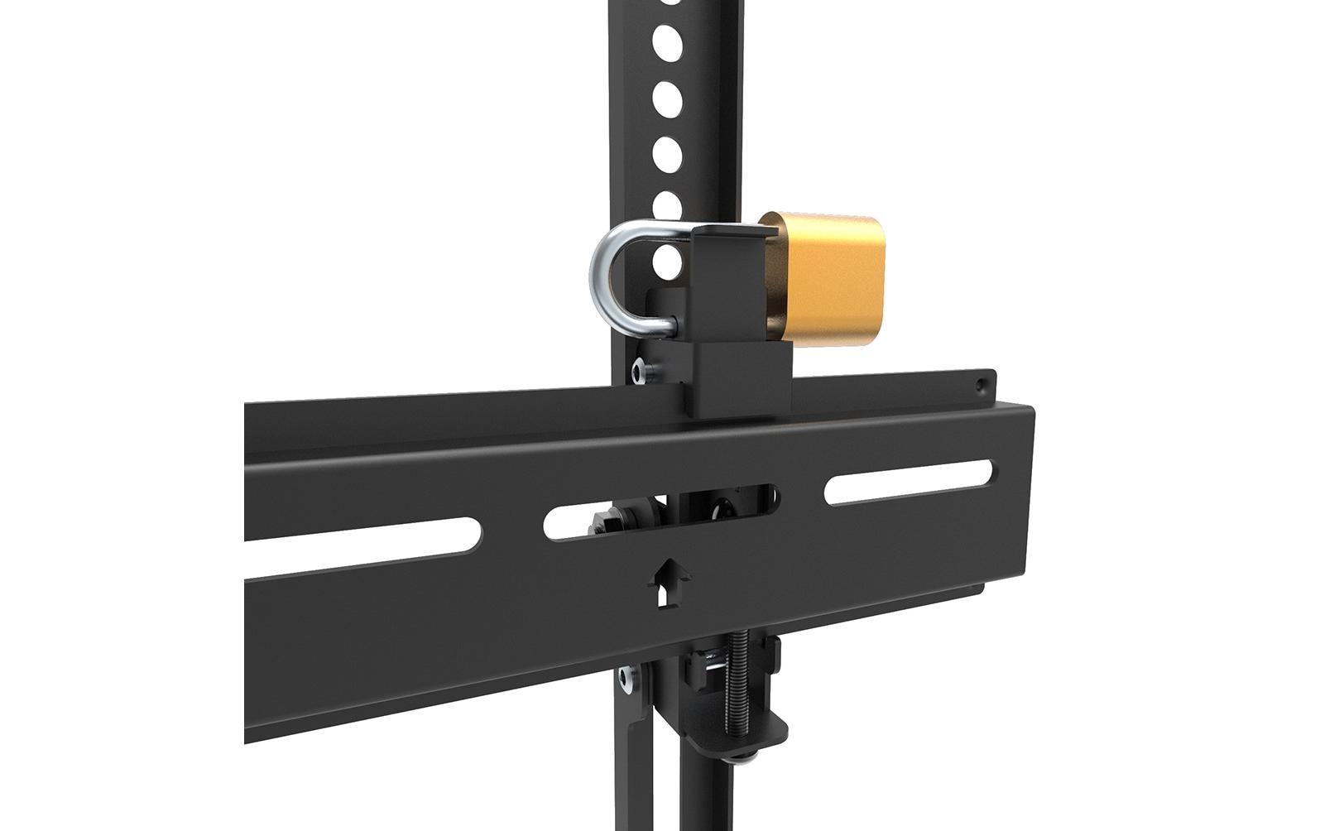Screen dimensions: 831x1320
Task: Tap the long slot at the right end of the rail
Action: pyautogui.click(x=908, y=481)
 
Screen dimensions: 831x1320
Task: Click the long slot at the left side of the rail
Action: pyautogui.click(x=364, y=540)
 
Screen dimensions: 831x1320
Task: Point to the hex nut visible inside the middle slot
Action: pyautogui.click(x=608, y=521)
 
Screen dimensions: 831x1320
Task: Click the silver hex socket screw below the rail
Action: pyautogui.click(x=626, y=678)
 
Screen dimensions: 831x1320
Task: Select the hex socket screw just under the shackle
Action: pyautogui.click(x=641, y=370)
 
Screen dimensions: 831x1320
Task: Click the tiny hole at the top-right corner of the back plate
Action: pyautogui.click(x=982, y=385)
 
